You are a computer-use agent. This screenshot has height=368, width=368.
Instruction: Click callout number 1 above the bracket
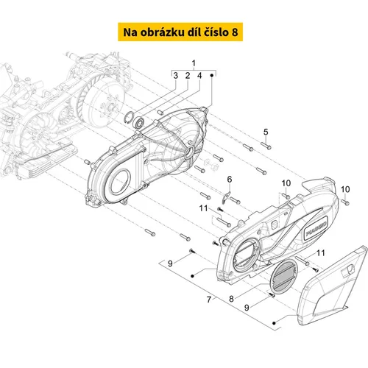tap(194, 63)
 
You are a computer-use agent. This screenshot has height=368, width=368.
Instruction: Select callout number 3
tap(175, 76)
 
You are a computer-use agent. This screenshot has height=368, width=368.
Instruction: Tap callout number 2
tap(188, 76)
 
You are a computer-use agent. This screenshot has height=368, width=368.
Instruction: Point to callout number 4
tap(199, 76)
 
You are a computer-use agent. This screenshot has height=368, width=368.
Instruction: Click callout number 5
tap(266, 132)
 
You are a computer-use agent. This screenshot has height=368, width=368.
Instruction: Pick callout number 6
tap(230, 180)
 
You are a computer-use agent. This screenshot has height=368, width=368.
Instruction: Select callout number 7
tap(209, 300)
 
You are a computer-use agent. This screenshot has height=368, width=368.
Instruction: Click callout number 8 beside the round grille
tap(231, 299)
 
